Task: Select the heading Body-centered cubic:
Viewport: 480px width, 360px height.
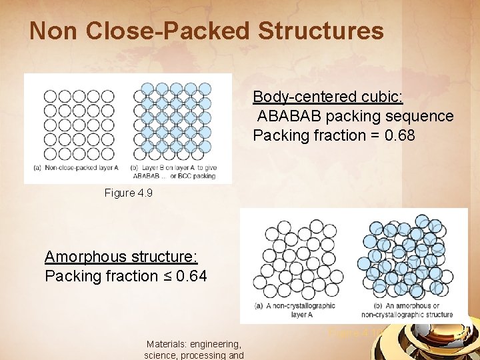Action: click(x=327, y=97)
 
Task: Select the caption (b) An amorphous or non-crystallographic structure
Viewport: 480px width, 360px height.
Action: click(x=407, y=309)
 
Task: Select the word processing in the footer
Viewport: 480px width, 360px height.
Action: click(x=206, y=355)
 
